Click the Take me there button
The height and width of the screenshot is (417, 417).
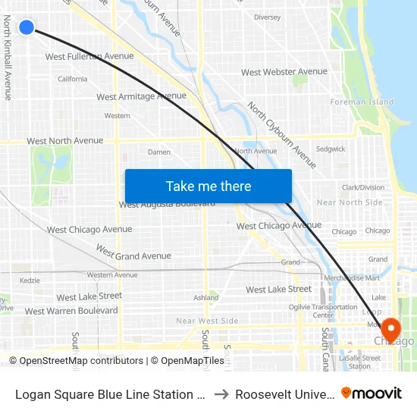pyautogui.click(x=208, y=186)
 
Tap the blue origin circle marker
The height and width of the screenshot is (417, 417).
pyautogui.click(x=27, y=27)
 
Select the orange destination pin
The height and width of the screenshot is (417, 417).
pyautogui.click(x=390, y=329)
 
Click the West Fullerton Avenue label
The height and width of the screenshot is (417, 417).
pyautogui.click(x=89, y=56)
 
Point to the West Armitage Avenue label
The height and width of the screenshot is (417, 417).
pyautogui.click(x=141, y=96)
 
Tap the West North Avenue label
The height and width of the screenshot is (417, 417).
pyautogui.click(x=64, y=140)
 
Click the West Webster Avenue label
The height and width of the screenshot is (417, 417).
pyautogui.click(x=284, y=72)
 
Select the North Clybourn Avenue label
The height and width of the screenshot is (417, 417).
pyautogui.click(x=282, y=135)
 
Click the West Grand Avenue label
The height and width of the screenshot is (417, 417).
pyautogui.click(x=133, y=252)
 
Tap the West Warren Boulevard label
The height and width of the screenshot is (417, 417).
pyautogui.click(x=71, y=311)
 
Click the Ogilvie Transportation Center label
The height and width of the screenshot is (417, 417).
pyautogui.click(x=324, y=311)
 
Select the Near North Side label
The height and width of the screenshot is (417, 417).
pyautogui.click(x=350, y=202)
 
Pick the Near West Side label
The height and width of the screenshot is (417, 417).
pyautogui.click(x=207, y=321)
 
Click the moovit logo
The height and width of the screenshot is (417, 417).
pyautogui.click(x=372, y=393)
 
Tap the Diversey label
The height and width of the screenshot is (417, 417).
pyautogui.click(x=267, y=17)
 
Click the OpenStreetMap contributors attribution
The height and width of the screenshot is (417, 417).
pyautogui.click(x=76, y=361)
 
